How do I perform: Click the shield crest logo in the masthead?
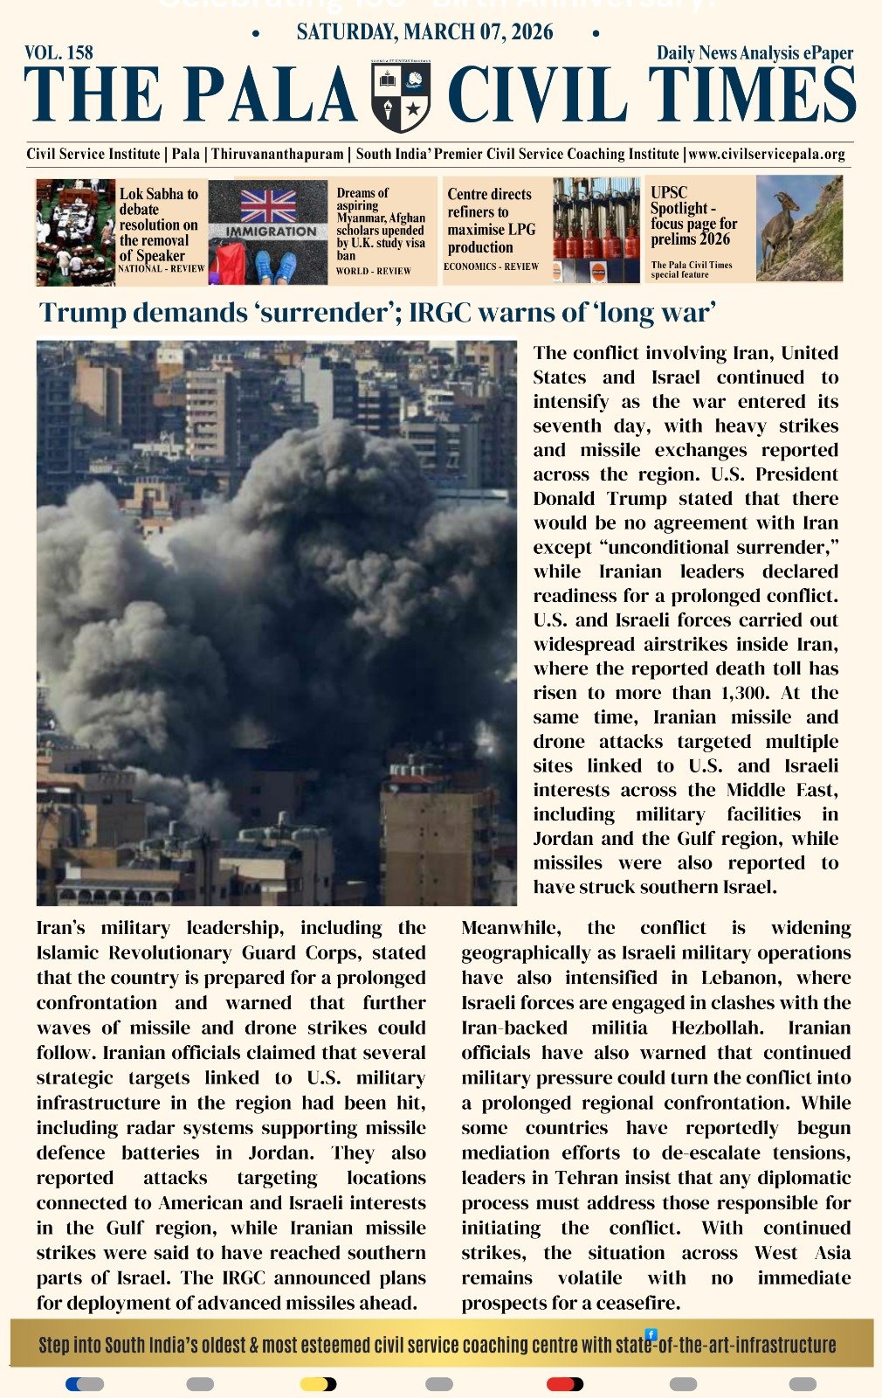[401, 96]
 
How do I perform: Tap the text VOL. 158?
[59, 52]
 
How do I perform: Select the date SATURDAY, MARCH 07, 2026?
[424, 32]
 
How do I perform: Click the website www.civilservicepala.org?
[767, 154]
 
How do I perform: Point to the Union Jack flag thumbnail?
[268, 205]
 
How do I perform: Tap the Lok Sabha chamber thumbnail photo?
[75, 232]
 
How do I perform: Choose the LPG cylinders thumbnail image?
[596, 230]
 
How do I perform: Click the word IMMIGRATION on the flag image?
[272, 232]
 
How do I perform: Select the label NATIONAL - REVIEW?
[161, 268]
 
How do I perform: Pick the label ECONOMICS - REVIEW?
[491, 266]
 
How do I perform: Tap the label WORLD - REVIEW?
[373, 271]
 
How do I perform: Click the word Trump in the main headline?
[78, 312]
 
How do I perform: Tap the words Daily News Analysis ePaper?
[755, 52]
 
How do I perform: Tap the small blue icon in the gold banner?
[651, 1334]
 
